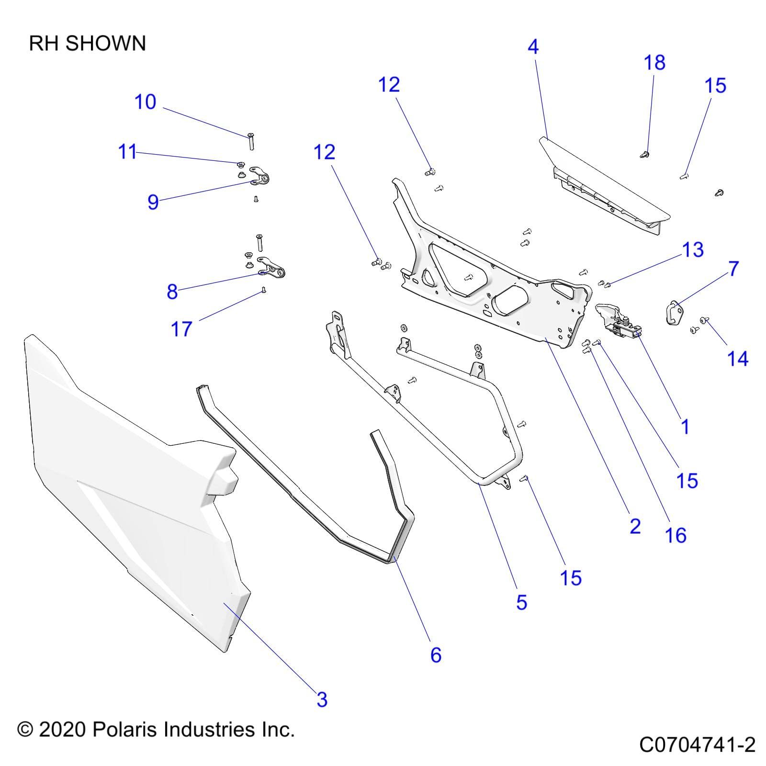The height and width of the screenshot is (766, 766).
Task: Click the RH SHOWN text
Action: coord(87,44)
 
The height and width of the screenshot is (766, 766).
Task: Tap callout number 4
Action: coord(533,47)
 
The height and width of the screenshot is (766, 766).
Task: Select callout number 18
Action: coord(654,63)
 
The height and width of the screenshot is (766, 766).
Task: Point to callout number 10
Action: coord(145,102)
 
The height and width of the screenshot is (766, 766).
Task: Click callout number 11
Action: coord(127,152)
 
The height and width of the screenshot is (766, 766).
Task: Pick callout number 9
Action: coord(153,202)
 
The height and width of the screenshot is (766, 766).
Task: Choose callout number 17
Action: coord(181,329)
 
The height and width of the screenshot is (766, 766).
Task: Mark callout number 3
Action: coord(322,699)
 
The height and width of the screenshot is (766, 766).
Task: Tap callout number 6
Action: coord(435,655)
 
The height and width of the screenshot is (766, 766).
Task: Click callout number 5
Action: coord(521,602)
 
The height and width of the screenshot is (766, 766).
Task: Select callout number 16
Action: coord(676,535)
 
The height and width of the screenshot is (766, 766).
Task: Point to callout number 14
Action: coord(737,359)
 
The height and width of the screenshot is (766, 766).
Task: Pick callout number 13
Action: coord(693,250)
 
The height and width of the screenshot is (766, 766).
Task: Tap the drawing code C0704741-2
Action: coord(697,745)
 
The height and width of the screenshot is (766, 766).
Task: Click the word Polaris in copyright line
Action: coord(124,730)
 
